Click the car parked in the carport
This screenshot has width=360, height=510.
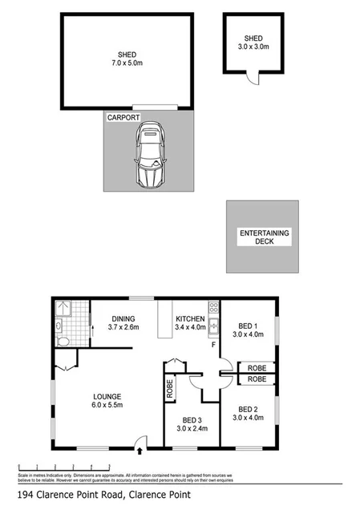[x=150, y=156]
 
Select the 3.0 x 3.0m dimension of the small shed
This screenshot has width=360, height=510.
[x=253, y=47]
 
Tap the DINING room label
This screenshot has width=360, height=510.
[x=123, y=318]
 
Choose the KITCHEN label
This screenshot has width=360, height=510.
[x=191, y=318]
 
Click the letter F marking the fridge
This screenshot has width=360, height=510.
[x=213, y=345]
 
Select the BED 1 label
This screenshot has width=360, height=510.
[x=247, y=326]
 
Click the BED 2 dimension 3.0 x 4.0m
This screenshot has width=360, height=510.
[x=248, y=417]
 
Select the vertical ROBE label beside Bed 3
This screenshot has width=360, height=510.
[x=170, y=387]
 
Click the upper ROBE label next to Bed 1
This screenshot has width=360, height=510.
[x=257, y=368]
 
